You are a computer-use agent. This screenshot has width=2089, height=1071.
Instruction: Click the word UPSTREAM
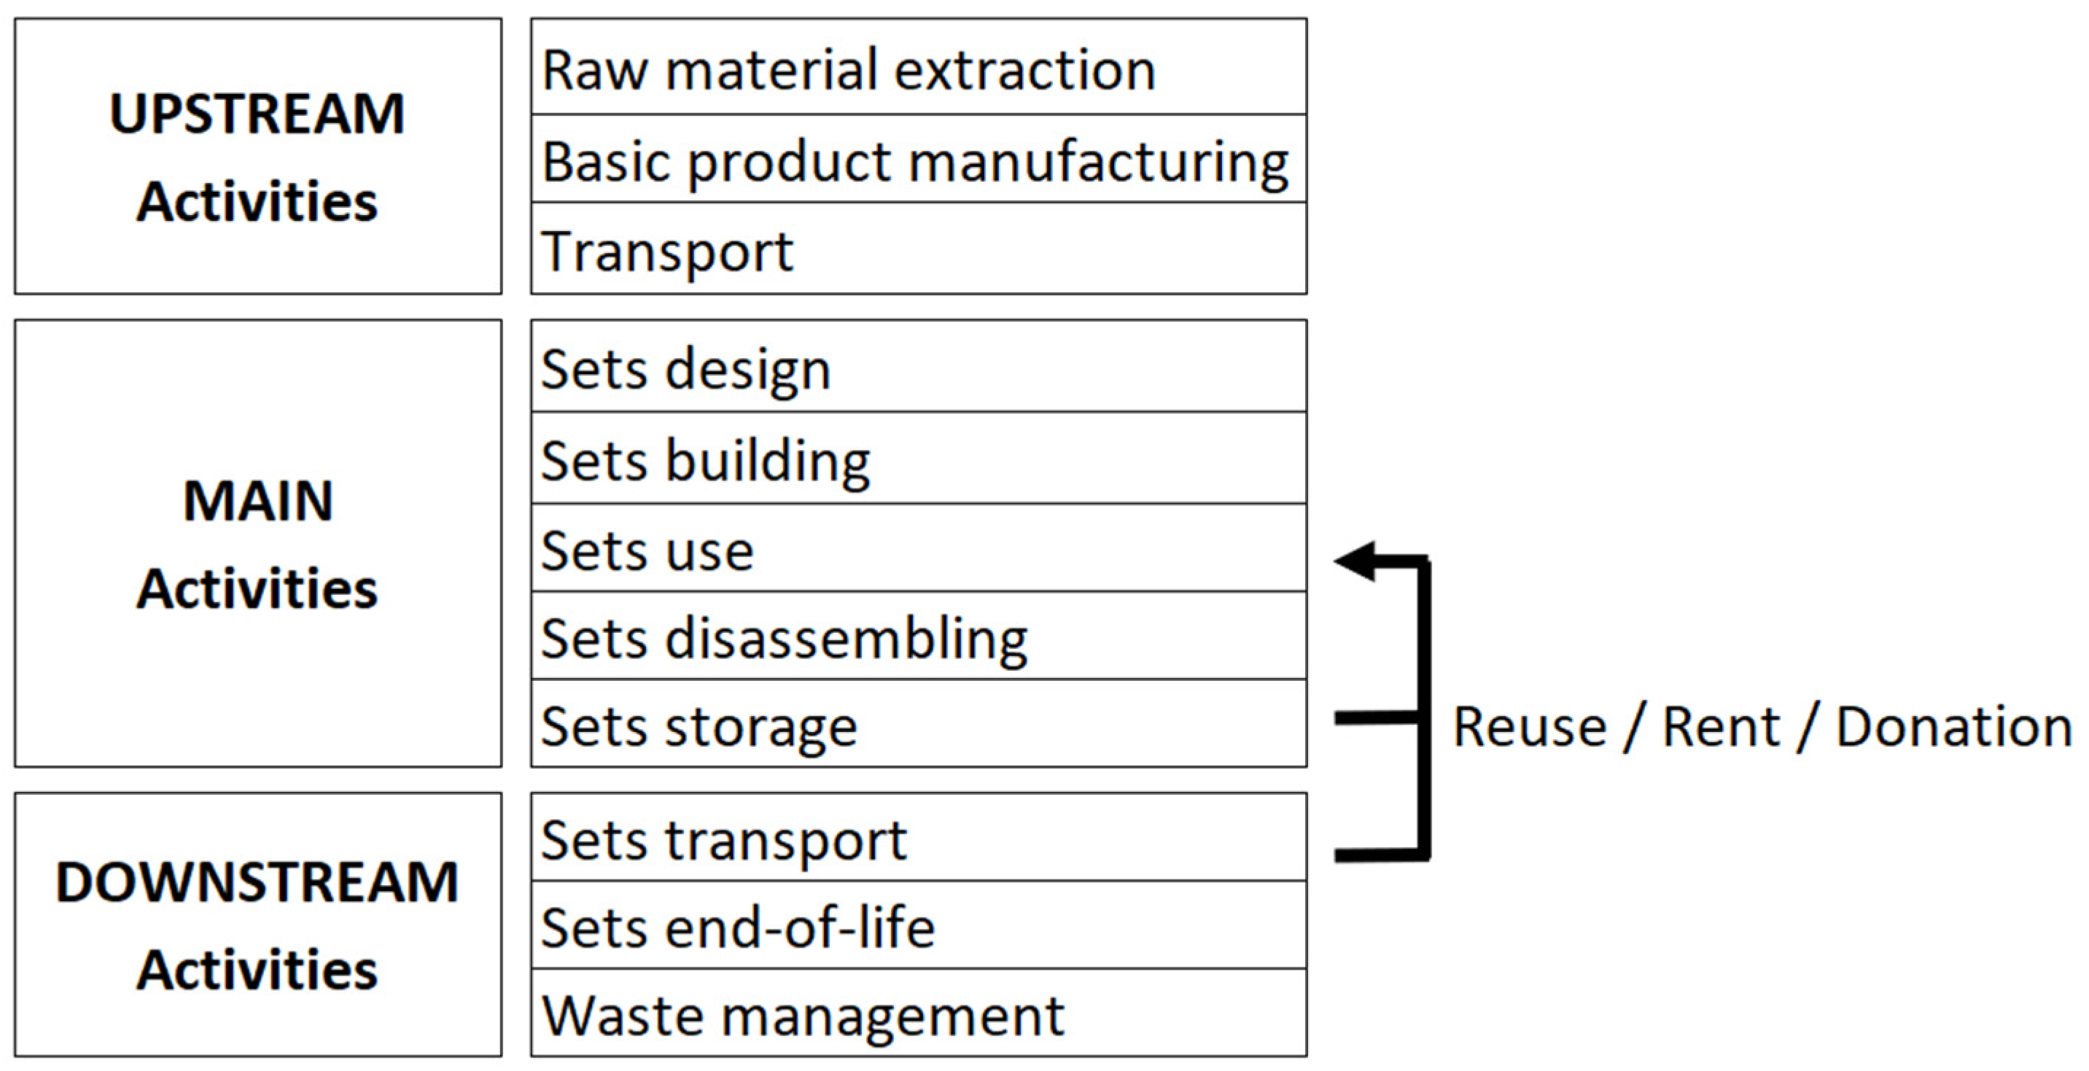(257, 114)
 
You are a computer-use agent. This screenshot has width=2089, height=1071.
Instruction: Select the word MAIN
(258, 500)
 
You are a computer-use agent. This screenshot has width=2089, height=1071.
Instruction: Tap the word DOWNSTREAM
(257, 881)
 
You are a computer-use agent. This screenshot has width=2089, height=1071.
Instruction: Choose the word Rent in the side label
(1721, 726)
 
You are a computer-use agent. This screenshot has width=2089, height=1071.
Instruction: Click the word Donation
(1953, 726)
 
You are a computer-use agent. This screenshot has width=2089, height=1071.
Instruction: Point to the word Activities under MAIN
(257, 588)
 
